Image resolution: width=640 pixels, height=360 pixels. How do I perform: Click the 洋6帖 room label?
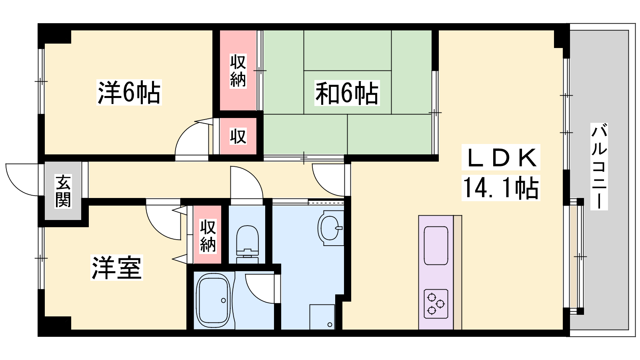point(129,92)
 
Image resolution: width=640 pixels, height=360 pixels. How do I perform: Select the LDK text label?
point(500,158)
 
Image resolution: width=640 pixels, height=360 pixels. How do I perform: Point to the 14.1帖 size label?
point(500,188)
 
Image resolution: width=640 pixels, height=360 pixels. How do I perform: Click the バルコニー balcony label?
point(599,166)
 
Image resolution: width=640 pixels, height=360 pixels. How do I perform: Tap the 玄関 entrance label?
point(63,191)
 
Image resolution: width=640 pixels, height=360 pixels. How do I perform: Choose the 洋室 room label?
point(116,268)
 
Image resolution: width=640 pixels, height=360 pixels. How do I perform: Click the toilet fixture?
point(248,244)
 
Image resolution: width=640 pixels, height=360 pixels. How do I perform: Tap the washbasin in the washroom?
point(331,228)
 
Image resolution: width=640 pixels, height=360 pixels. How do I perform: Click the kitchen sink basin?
point(436,246)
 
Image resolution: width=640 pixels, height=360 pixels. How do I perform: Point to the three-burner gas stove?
point(436,304)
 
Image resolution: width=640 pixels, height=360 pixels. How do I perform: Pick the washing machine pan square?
point(322,317)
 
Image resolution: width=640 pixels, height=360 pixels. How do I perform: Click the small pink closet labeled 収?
point(238,136)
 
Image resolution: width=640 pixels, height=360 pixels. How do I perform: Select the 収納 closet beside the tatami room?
point(238,70)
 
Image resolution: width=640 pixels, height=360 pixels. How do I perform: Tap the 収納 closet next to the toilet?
point(208,235)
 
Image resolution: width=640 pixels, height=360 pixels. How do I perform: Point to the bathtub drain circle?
point(224,300)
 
